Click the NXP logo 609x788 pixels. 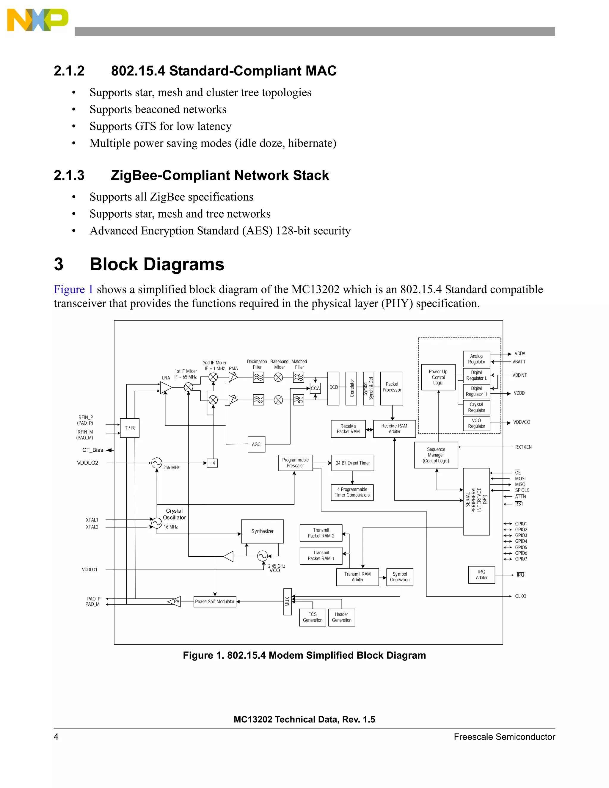(x=37, y=20)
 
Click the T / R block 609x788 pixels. (x=130, y=428)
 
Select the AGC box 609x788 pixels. (x=256, y=444)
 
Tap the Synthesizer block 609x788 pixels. (x=262, y=531)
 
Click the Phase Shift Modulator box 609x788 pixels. (x=215, y=602)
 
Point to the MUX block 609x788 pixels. (x=288, y=602)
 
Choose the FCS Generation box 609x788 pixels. (x=313, y=617)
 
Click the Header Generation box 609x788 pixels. (x=341, y=617)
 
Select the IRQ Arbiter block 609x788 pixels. (x=481, y=574)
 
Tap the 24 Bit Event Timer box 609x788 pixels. (x=352, y=463)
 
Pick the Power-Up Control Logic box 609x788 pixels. (x=438, y=377)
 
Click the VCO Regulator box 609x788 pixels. (x=476, y=423)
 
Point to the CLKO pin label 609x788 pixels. (x=520, y=596)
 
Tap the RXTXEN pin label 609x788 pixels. (x=523, y=447)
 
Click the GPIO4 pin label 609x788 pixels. (x=521, y=541)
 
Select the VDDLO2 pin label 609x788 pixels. (x=87, y=463)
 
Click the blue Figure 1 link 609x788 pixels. (x=73, y=289)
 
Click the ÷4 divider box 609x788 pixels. (x=212, y=463)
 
